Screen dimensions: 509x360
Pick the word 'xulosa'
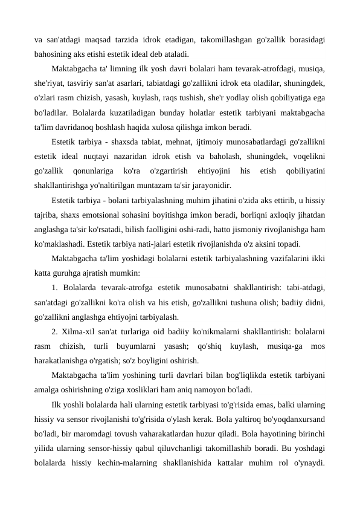(x=192, y=127)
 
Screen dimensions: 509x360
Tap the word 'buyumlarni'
(x=143, y=345)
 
